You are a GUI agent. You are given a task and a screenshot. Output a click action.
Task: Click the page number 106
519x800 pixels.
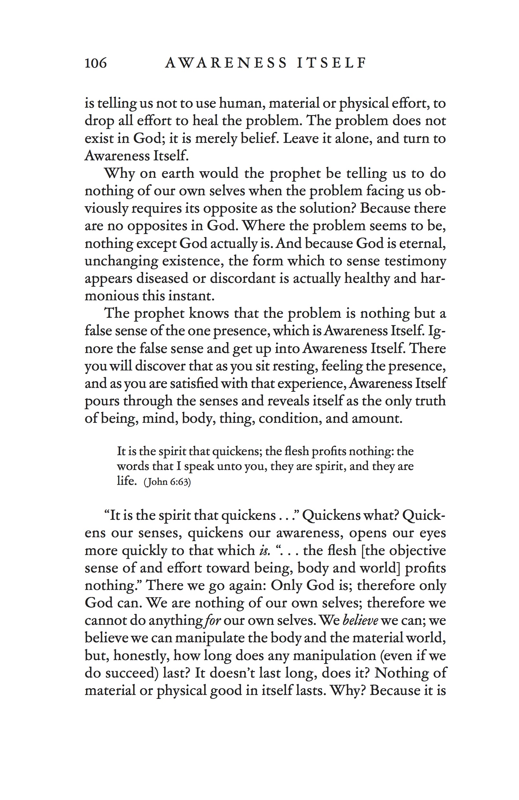[x=95, y=63]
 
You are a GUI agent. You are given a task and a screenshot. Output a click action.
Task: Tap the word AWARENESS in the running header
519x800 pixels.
[x=226, y=63]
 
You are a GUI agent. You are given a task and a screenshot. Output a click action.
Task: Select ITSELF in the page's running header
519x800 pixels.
[x=332, y=63]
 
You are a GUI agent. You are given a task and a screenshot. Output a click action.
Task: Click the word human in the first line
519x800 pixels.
[x=242, y=103]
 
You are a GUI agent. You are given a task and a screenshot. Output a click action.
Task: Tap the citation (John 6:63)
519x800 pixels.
[x=167, y=482]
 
